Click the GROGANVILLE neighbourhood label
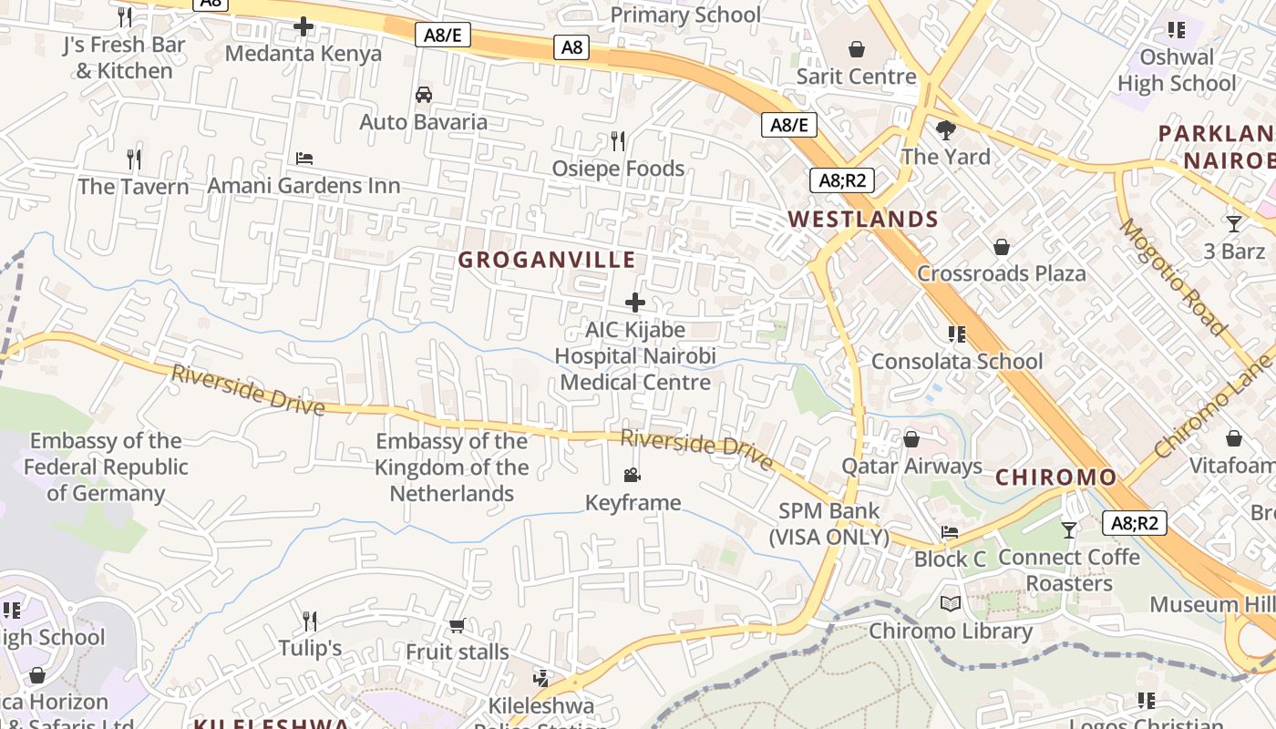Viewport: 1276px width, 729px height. (547, 260)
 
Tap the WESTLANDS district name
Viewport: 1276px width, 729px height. (862, 219)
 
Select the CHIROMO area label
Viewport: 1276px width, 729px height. (1055, 477)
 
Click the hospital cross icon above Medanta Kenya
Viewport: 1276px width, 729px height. (304, 26)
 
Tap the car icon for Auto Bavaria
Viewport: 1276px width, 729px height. (424, 95)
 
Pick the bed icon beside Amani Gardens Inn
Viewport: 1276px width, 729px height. (304, 159)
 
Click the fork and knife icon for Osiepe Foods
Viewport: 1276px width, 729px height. (618, 140)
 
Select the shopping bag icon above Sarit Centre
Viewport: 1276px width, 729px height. (856, 48)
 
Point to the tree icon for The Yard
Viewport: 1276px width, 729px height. (946, 129)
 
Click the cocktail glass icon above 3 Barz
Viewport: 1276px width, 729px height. (1234, 223)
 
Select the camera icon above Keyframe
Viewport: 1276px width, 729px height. (633, 475)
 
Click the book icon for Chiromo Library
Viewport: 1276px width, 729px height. (951, 603)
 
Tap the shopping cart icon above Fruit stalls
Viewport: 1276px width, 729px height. (457, 625)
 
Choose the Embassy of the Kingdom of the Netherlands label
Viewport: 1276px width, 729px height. (451, 467)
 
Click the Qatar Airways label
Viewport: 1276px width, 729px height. (911, 467)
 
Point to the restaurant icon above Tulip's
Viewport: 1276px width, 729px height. (310, 621)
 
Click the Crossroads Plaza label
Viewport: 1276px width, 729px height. (1001, 273)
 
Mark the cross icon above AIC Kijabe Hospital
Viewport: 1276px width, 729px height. (635, 303)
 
